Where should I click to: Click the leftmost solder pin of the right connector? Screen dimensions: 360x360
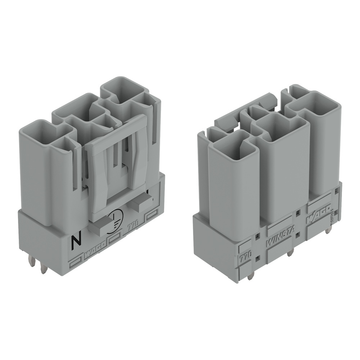(x=251, y=275)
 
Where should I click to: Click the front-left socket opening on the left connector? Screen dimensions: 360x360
(x=40, y=131)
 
